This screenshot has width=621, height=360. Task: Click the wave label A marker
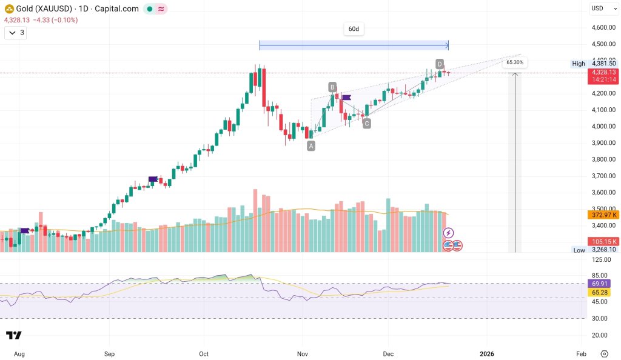coord(311,145)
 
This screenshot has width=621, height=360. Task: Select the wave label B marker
coord(333,87)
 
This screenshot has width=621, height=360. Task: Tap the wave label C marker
coord(367,124)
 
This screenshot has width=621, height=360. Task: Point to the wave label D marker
coord(440,64)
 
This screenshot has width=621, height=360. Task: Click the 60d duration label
coord(354,29)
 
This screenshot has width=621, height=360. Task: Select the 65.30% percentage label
coord(514,62)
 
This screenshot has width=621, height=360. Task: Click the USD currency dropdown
coord(600,8)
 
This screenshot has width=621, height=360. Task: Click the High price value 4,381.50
coord(603,64)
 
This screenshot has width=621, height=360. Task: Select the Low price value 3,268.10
coord(603,250)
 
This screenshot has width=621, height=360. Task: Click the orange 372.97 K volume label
coord(603,215)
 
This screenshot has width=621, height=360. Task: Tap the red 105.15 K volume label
coord(603,241)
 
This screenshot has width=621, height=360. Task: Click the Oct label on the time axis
coord(204,353)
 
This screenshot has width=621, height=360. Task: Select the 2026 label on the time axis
coord(488,353)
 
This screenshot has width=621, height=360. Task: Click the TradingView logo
coord(14,336)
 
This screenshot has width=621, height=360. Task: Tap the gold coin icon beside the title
coord(9,8)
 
